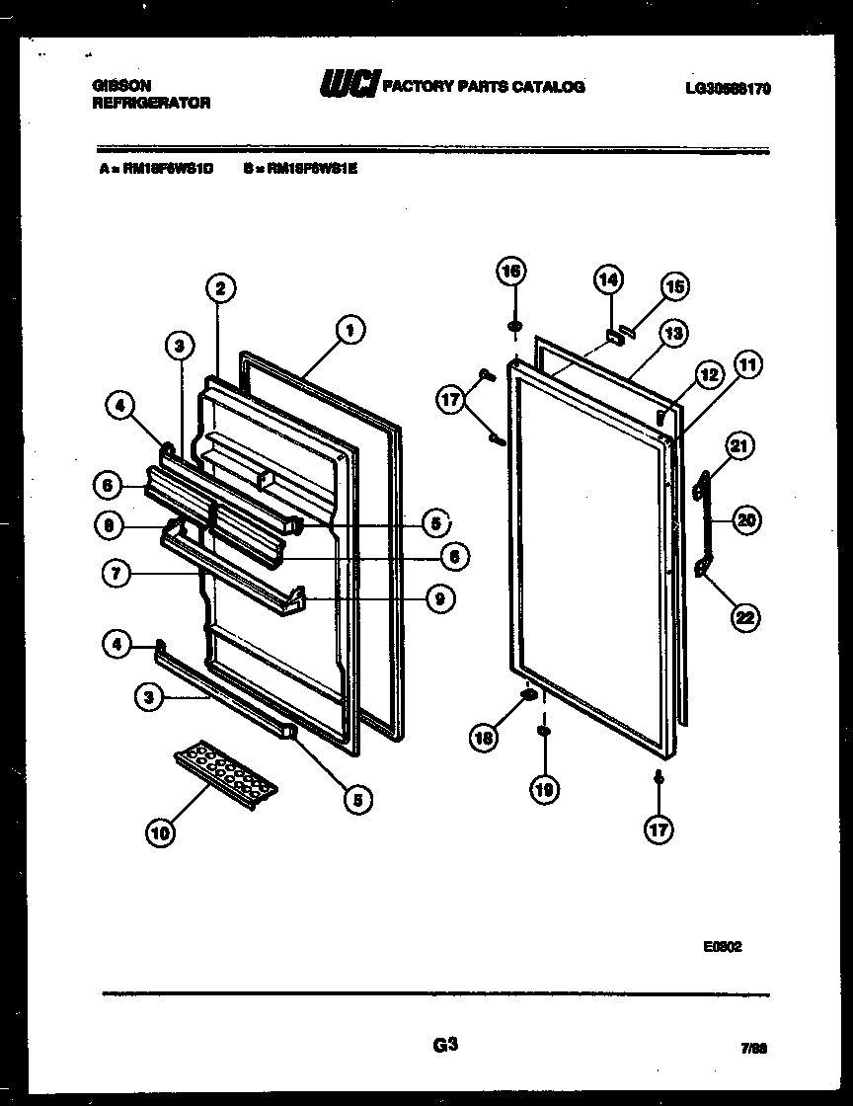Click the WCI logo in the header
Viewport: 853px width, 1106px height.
click(x=349, y=87)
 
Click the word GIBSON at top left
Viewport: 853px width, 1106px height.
click(x=116, y=87)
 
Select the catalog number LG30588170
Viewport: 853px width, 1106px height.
click(x=728, y=88)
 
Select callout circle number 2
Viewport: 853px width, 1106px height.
click(x=220, y=288)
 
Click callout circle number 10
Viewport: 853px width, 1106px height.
click(x=160, y=832)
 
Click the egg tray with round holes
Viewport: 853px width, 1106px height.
click(x=226, y=771)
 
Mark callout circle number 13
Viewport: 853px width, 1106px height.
click(x=674, y=333)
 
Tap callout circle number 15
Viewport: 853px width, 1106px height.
click(x=673, y=287)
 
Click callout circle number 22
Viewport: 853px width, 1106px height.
click(x=745, y=618)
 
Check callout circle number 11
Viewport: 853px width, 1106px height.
click(x=746, y=367)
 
